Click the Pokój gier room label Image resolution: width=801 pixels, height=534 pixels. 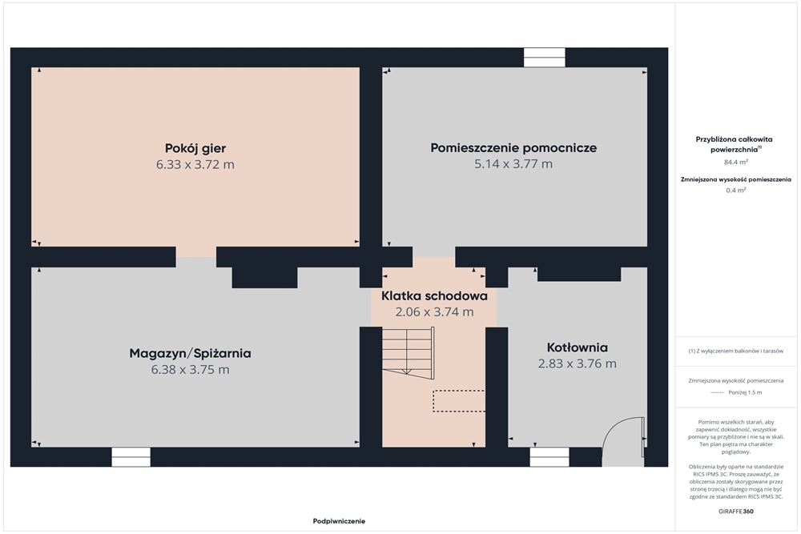pyautogui.click(x=195, y=149)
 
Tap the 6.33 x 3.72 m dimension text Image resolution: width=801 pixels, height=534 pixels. pyautogui.click(x=195, y=164)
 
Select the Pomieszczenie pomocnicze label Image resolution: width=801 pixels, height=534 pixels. pyautogui.click(x=513, y=148)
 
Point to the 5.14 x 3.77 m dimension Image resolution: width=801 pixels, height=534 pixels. pyautogui.click(x=513, y=164)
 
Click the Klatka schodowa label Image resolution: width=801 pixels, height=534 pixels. pyautogui.click(x=434, y=295)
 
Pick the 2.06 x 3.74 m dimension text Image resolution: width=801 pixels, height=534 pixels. pyautogui.click(x=434, y=312)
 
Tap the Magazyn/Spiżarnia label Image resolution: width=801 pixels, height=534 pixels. pyautogui.click(x=190, y=353)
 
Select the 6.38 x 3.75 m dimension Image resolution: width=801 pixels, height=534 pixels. pyautogui.click(x=190, y=370)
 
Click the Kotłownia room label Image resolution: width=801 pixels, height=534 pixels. pyautogui.click(x=578, y=347)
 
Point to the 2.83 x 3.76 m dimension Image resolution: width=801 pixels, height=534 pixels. pyautogui.click(x=578, y=363)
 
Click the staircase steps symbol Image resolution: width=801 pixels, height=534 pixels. pyautogui.click(x=408, y=351)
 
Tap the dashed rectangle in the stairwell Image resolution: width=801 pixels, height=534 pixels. pyautogui.click(x=459, y=401)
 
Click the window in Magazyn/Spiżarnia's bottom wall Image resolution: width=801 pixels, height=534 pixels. pyautogui.click(x=131, y=457)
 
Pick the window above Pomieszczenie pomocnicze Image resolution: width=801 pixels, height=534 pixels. pyautogui.click(x=545, y=57)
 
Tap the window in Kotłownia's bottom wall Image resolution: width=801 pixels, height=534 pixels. pyautogui.click(x=549, y=457)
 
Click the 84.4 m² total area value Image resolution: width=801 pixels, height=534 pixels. pyautogui.click(x=736, y=163)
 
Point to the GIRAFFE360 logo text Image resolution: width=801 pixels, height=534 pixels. pyautogui.click(x=735, y=511)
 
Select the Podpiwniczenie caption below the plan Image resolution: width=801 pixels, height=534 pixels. pyautogui.click(x=339, y=521)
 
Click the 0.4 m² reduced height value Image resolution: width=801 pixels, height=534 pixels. pyautogui.click(x=736, y=191)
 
